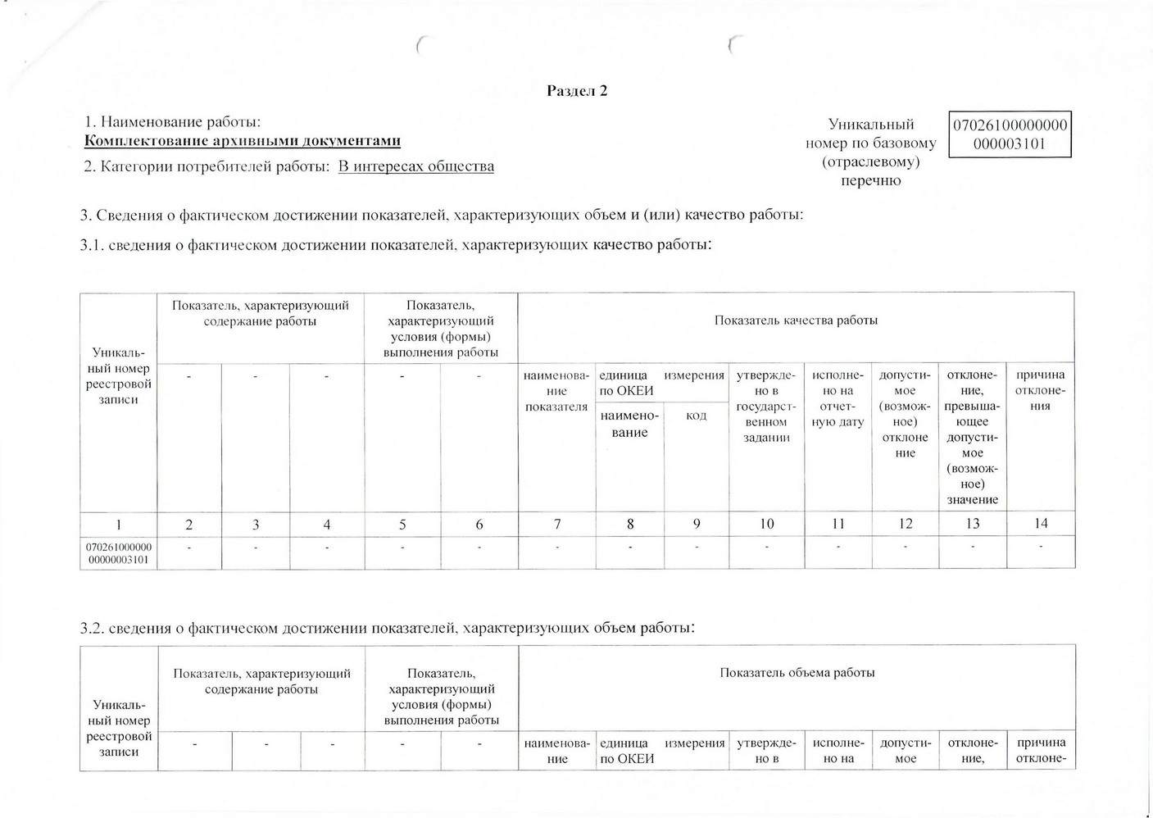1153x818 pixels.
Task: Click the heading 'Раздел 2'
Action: (577, 91)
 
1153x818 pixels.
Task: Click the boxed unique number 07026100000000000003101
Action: (1010, 135)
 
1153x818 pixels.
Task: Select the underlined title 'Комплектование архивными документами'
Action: (243, 141)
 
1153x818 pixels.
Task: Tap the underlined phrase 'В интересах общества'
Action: (416, 167)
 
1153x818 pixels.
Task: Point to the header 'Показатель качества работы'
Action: (796, 320)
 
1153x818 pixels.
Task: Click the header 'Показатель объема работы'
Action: (797, 673)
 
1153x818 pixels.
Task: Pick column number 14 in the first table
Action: (1041, 524)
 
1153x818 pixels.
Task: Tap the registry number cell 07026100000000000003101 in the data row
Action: (119, 553)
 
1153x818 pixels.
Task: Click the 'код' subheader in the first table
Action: (696, 416)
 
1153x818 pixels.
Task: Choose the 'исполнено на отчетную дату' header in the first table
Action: (838, 398)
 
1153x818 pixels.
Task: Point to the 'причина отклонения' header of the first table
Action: (1040, 390)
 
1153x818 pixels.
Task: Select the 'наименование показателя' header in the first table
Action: (556, 391)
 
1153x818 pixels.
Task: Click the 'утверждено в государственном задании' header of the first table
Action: (766, 407)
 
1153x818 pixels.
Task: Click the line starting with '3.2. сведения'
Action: (388, 629)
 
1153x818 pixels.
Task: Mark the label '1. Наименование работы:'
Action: (173, 122)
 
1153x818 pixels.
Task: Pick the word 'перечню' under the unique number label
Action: (870, 181)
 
